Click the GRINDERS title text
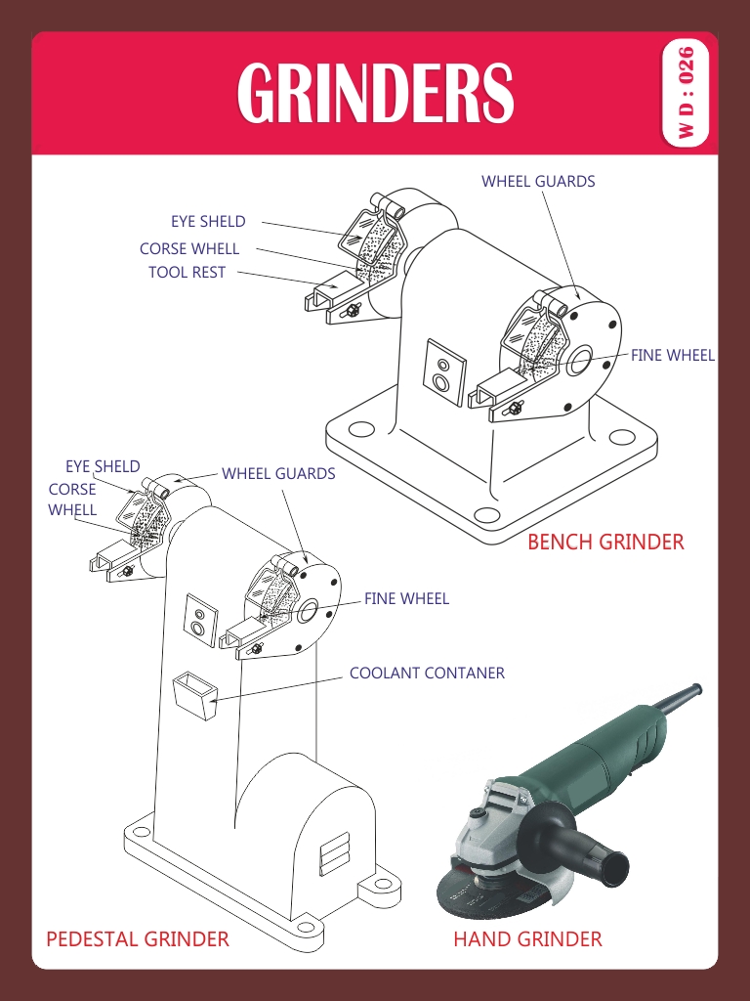[x=375, y=92]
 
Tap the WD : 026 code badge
[x=686, y=93]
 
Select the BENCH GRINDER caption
[x=605, y=542]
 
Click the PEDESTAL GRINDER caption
[x=138, y=939]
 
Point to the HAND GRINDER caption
[x=527, y=939]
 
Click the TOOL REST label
[x=187, y=272]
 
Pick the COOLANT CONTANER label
[x=428, y=673]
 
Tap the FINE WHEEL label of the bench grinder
[x=673, y=355]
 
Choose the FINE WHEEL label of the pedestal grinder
[x=407, y=599]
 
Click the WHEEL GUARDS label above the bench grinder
[x=538, y=181]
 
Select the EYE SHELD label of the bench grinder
[x=208, y=222]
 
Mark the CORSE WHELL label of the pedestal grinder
[x=72, y=500]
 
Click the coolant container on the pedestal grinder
[x=195, y=695]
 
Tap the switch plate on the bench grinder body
[x=444, y=372]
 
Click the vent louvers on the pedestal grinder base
[x=335, y=853]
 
